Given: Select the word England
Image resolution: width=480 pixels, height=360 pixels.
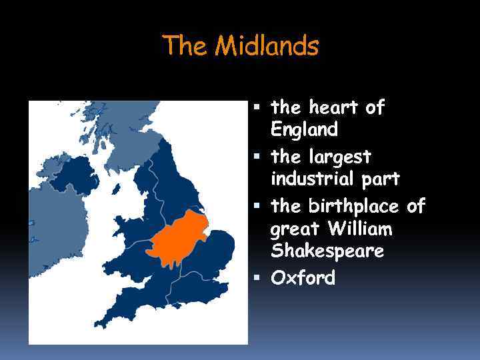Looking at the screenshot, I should pyautogui.click(x=304, y=128).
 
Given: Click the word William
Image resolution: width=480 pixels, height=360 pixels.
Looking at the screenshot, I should pyautogui.click(x=360, y=229).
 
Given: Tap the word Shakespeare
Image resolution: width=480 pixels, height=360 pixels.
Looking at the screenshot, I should pyautogui.click(x=327, y=251).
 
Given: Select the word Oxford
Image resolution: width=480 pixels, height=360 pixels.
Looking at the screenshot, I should pyautogui.click(x=303, y=277).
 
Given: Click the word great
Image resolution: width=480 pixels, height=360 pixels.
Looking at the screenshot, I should pyautogui.click(x=296, y=231).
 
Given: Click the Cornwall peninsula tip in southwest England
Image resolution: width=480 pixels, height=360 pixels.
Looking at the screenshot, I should pyautogui.click(x=100, y=323).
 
